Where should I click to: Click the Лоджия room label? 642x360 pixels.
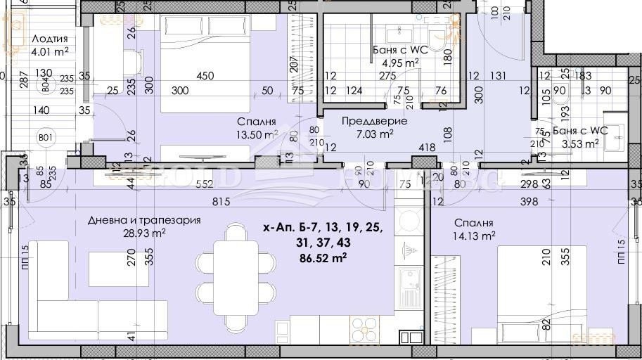(x=50, y=39)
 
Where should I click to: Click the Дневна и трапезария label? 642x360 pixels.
(x=144, y=220)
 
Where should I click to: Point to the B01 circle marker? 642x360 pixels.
(x=46, y=136)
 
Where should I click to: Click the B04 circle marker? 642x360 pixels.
(x=46, y=84)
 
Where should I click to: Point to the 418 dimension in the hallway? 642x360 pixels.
(x=426, y=148)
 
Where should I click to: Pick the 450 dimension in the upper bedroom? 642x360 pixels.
(x=205, y=76)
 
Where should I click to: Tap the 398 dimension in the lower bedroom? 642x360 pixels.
(x=529, y=202)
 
